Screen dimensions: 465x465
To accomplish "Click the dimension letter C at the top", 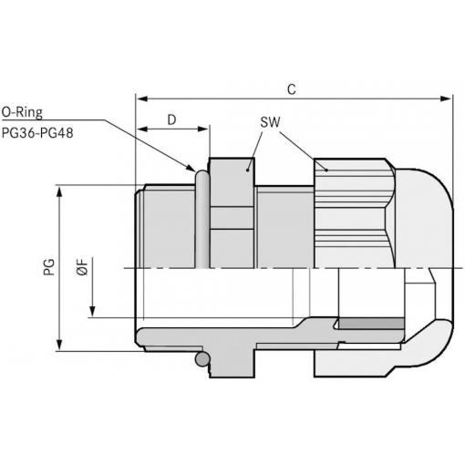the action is (292, 89).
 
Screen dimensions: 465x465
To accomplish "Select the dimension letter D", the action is (171, 119).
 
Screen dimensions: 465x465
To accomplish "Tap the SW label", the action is (270, 122).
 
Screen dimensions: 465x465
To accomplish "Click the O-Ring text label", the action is (22, 112).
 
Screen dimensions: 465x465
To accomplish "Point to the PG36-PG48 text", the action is (37, 133).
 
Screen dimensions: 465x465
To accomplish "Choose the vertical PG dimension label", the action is (49, 267).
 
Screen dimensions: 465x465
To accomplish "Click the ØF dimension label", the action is (82, 267).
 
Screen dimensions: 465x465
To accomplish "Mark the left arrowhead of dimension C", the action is (141, 98).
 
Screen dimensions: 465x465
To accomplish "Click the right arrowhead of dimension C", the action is (446, 98).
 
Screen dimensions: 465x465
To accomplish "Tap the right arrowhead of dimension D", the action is (202, 129).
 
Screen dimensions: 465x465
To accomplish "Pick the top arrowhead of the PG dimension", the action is (60, 192).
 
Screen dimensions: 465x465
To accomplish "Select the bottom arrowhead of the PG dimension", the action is (60, 345).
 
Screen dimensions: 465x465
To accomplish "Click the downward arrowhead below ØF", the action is (92, 312).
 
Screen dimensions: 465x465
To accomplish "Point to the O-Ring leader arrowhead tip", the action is (195, 171).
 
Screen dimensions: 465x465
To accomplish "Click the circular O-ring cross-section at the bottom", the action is (202, 359).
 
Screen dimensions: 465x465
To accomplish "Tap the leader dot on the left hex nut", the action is (248, 170).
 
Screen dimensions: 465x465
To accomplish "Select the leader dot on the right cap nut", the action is (326, 170).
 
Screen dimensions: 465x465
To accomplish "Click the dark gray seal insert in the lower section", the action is (371, 324).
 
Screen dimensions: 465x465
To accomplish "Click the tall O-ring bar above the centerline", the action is (202, 219).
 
